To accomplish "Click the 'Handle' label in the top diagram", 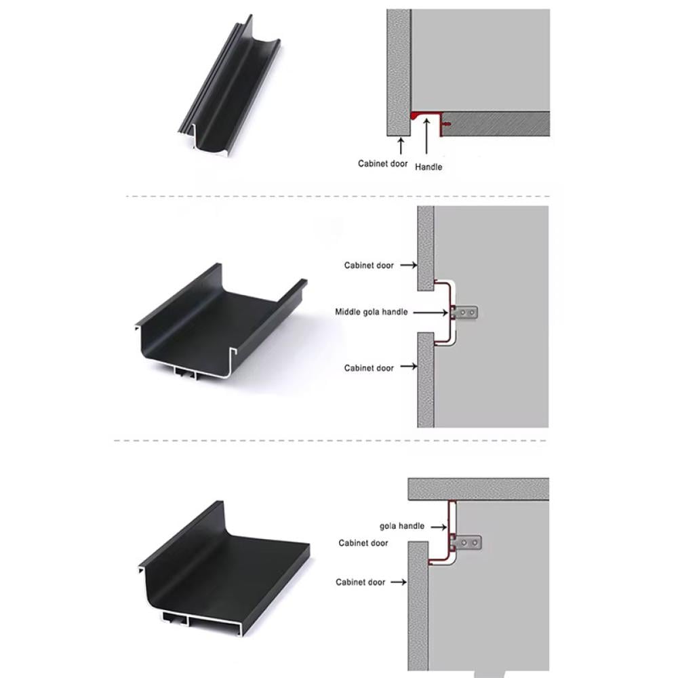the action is [428, 167].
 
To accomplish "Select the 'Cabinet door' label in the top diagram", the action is [382, 163].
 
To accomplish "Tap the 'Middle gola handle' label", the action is [372, 312].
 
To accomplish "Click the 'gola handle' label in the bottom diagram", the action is [402, 526].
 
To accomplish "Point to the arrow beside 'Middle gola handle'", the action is [431, 312].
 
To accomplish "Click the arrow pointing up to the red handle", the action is [426, 136].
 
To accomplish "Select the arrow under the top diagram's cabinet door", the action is [401, 146].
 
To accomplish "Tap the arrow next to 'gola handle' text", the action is [439, 527].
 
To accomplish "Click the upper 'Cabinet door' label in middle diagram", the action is [369, 265].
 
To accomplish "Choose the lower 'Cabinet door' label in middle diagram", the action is [369, 368].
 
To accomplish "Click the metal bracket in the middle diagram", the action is [464, 312].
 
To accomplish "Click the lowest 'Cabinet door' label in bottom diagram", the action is [360, 582].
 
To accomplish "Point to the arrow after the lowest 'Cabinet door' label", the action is [399, 582].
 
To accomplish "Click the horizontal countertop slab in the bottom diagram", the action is [478, 489].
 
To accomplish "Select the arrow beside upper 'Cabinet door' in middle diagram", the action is [409, 265].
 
